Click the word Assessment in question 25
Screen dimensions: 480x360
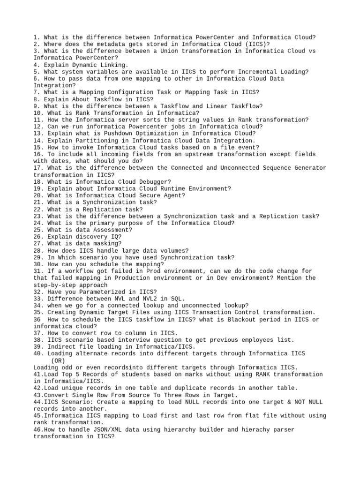(112, 230)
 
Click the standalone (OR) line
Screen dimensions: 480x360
(58, 360)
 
